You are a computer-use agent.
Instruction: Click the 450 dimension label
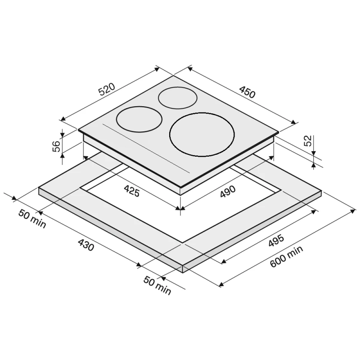coord(247,92)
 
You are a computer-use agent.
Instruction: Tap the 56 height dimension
coord(57,146)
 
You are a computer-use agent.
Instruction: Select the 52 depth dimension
coord(308,141)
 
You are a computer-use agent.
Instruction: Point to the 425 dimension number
coord(131,191)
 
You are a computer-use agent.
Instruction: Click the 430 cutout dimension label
coord(86,245)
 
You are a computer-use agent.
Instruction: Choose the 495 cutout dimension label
coord(276,241)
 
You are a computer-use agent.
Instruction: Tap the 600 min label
coord(286,256)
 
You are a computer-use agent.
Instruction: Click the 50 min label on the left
coord(32,219)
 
